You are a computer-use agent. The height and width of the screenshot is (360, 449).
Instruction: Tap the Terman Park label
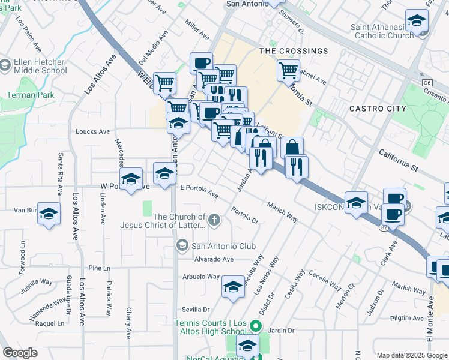[x=30, y=95]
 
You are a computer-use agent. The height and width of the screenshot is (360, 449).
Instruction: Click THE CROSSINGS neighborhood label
[x=294, y=52]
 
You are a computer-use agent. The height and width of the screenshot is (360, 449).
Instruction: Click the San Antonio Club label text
[x=223, y=246]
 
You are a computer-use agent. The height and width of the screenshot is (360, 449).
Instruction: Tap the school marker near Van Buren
[x=50, y=213]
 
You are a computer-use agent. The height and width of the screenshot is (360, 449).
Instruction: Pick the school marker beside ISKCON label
[x=356, y=201]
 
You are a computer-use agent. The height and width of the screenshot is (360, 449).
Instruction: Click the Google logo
[x=20, y=353]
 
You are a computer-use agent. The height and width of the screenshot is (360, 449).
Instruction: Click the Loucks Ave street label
[x=92, y=131]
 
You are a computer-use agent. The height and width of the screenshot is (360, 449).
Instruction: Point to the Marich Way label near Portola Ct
[x=283, y=211]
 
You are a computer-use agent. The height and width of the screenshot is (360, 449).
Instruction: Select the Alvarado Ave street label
[x=213, y=259]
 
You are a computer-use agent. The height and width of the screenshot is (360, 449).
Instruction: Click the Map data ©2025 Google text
[x=412, y=355]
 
